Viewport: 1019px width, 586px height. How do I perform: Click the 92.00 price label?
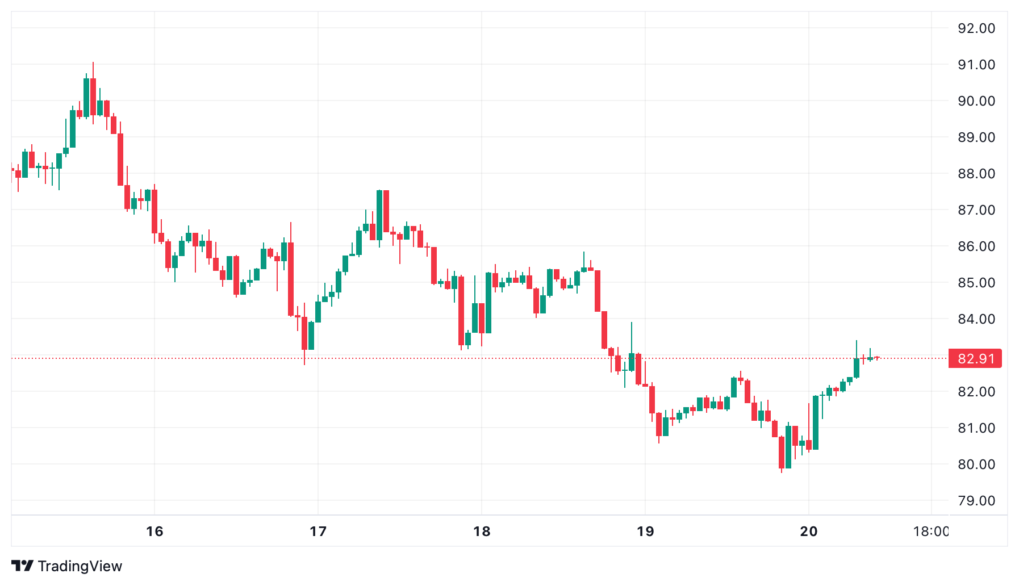click(976, 28)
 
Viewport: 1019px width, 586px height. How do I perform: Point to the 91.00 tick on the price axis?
click(976, 65)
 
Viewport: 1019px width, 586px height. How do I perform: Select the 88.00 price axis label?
click(976, 174)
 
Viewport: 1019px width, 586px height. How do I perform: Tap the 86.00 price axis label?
click(976, 246)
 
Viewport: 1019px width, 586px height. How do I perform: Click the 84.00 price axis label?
click(976, 319)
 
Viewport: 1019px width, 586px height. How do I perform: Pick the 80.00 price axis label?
click(976, 464)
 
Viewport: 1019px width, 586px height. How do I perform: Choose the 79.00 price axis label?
click(976, 501)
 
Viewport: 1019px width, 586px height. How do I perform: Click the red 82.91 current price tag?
click(975, 359)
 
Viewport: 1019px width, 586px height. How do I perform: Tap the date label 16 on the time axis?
click(154, 531)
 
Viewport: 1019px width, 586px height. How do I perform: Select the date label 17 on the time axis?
click(318, 531)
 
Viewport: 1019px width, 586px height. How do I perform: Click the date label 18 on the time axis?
click(482, 531)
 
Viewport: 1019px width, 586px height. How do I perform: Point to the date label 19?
click(645, 531)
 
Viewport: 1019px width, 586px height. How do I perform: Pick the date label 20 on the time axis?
click(808, 531)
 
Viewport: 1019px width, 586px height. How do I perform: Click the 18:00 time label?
click(930, 531)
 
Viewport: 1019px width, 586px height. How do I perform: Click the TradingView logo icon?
click(23, 566)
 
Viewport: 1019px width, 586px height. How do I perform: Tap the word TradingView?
click(80, 566)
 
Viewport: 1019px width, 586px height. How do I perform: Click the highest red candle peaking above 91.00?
click(93, 97)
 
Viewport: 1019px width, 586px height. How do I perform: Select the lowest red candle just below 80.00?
click(782, 453)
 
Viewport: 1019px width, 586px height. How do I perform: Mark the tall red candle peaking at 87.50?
click(386, 211)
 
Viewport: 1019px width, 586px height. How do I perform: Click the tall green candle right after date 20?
click(816, 422)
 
